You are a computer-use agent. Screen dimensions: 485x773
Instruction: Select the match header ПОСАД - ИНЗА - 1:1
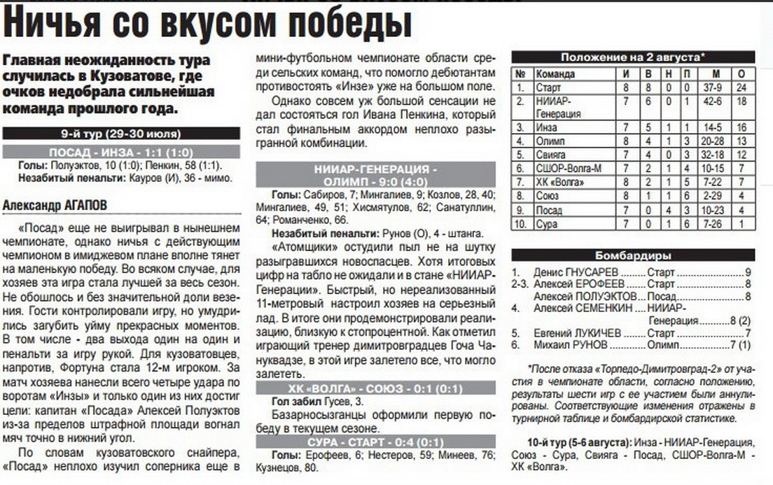(x=121, y=153)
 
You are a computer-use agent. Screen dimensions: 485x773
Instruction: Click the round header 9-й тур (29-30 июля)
(x=121, y=134)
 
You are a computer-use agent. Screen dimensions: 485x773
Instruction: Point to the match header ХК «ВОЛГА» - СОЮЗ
(x=375, y=390)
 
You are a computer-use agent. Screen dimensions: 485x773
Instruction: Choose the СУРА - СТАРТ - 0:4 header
(x=375, y=442)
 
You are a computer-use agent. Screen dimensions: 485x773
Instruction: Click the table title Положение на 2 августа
(x=633, y=57)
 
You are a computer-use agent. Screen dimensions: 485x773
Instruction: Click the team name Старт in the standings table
(x=548, y=87)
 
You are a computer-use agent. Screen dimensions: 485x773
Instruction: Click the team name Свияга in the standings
(x=552, y=154)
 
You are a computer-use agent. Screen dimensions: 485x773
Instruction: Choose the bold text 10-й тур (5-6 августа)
(x=578, y=442)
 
